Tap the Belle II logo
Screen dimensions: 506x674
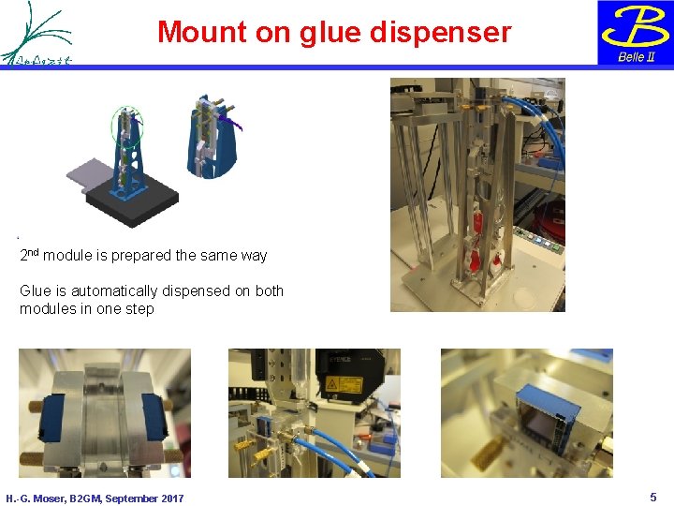tap(635, 33)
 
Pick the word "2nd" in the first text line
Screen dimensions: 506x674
tap(29, 254)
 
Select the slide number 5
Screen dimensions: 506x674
tap(653, 497)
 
